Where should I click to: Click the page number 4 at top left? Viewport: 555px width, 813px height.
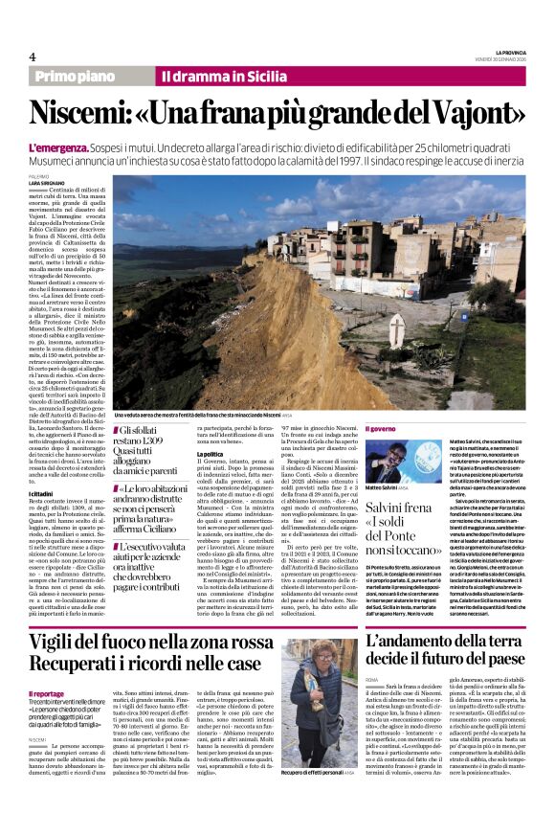(33, 56)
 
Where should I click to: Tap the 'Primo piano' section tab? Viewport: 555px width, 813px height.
(73, 76)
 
